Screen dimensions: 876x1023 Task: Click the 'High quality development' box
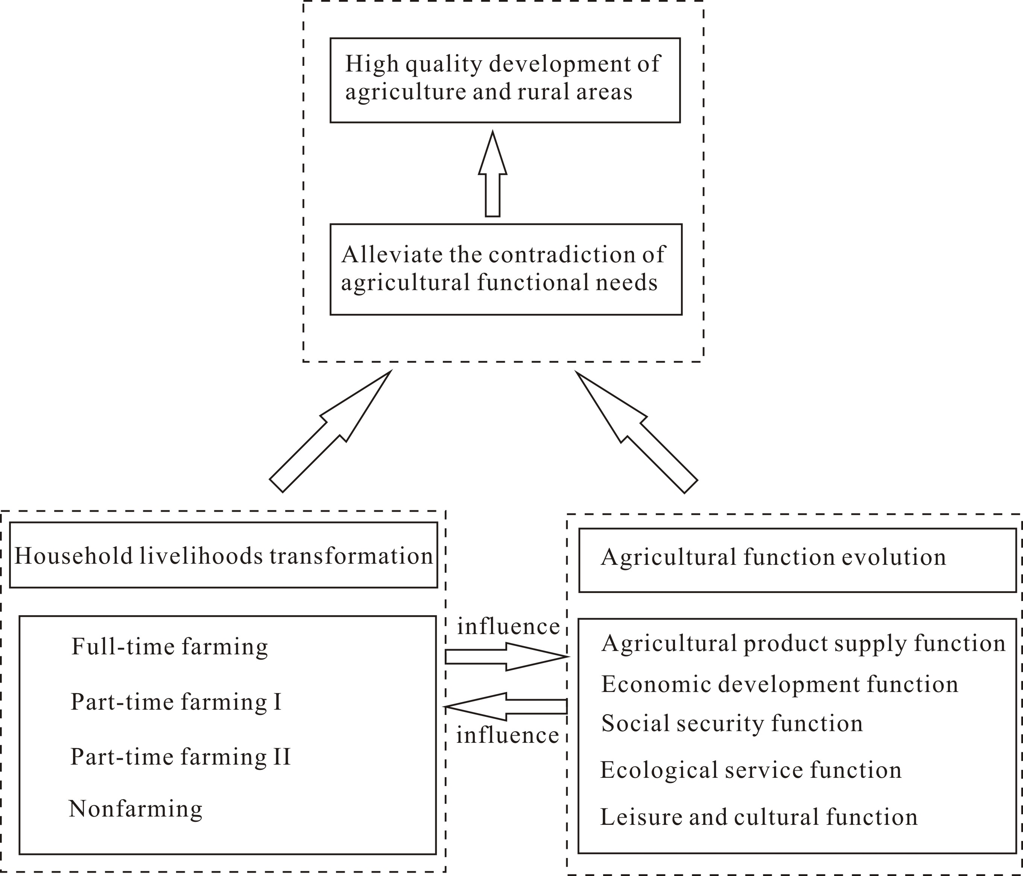(x=505, y=80)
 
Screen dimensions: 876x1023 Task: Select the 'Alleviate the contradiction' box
(x=506, y=269)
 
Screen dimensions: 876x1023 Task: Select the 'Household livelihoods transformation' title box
(x=223, y=555)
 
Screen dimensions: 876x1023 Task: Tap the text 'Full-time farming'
(x=169, y=647)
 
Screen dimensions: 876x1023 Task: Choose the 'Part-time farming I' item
(x=176, y=702)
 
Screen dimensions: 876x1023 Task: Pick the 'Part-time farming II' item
(x=180, y=756)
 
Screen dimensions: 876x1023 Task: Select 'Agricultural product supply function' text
(x=803, y=643)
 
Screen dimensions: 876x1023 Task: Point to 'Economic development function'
(x=779, y=684)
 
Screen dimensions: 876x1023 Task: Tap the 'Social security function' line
(x=732, y=724)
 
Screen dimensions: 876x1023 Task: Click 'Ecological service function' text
(x=751, y=770)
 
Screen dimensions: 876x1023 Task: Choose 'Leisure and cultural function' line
(x=759, y=817)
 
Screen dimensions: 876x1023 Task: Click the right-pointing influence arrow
(x=506, y=657)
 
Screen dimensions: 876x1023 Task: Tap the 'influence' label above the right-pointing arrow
(x=508, y=627)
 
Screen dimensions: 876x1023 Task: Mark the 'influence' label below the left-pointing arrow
(x=507, y=735)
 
